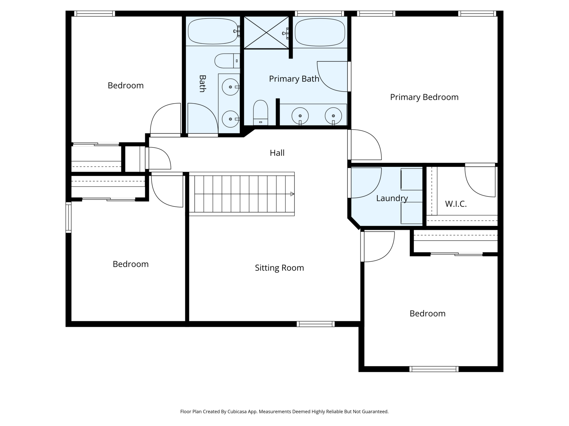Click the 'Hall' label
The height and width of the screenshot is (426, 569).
click(277, 153)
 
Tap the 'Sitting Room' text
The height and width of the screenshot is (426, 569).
click(279, 268)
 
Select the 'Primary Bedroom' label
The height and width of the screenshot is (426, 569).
click(424, 97)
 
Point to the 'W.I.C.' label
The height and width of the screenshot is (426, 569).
click(456, 204)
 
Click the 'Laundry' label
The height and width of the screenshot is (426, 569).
click(392, 198)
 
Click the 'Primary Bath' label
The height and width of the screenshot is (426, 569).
click(294, 79)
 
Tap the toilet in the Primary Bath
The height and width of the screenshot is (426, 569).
click(261, 113)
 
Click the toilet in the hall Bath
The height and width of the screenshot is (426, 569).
click(227, 61)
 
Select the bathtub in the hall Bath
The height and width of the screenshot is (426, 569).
click(213, 31)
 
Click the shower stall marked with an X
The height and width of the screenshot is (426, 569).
click(266, 32)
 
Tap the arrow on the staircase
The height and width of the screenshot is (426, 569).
click(292, 194)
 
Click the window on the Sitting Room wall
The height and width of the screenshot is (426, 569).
click(316, 324)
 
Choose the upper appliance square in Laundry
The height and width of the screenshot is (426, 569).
click(411, 179)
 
